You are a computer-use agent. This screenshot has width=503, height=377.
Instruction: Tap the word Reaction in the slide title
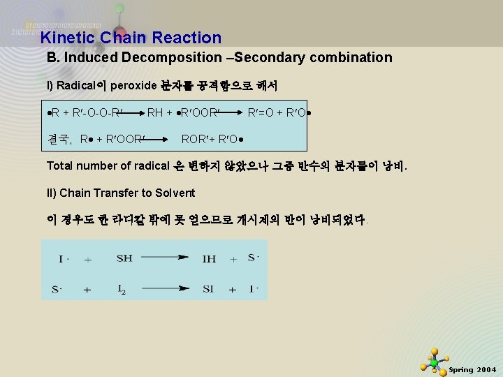tap(188, 38)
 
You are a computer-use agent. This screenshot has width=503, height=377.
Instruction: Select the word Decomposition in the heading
tap(174, 58)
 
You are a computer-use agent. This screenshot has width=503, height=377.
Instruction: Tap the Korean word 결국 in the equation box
tap(61, 138)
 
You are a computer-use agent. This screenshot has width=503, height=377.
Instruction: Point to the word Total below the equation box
tap(61, 166)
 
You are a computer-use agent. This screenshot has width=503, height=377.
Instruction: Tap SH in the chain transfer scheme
tap(124, 258)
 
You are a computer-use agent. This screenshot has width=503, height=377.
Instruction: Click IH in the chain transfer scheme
tap(209, 258)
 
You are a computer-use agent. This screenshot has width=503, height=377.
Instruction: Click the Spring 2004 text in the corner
tap(472, 369)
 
